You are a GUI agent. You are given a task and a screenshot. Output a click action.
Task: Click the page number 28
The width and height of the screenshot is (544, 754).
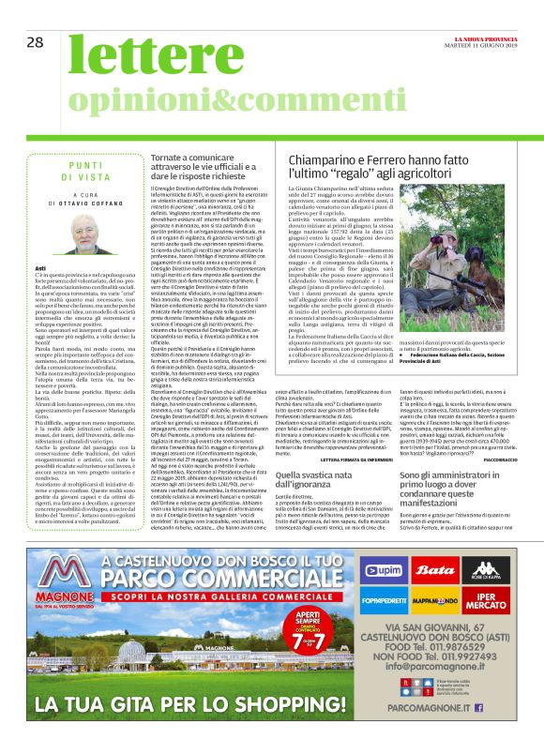pyautogui.click(x=36, y=42)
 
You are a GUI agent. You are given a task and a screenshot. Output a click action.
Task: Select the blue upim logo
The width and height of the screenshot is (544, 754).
pyautogui.click(x=383, y=571)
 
